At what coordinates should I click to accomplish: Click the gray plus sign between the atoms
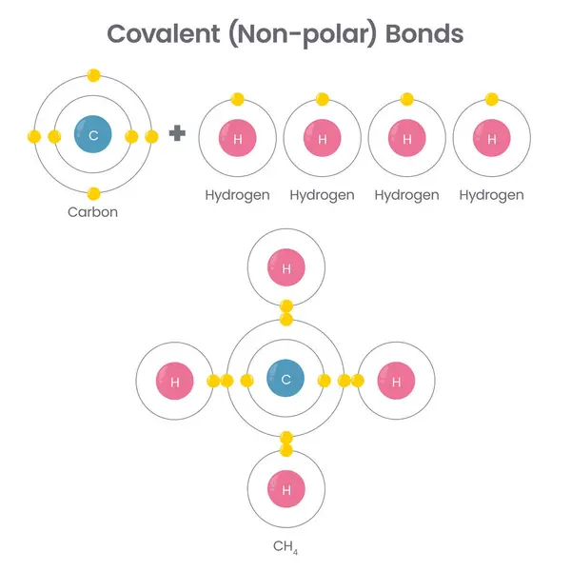tap(177, 133)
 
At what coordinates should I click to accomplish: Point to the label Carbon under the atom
tap(92, 212)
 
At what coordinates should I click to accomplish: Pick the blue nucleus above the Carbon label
tap(93, 136)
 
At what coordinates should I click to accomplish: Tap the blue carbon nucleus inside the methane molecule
tap(285, 380)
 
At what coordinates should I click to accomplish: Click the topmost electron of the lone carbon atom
tap(93, 74)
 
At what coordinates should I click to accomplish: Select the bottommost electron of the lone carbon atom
tap(93, 193)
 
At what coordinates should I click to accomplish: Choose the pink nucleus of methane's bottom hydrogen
tap(286, 490)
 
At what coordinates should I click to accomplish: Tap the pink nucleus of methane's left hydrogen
tap(175, 382)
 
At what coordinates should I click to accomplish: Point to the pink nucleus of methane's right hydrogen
tap(396, 382)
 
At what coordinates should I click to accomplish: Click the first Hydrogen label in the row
tap(238, 195)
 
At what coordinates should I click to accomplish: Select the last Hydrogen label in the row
tap(491, 195)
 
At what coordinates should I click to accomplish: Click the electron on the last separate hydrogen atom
tap(491, 99)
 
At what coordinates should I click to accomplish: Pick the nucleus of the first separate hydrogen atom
tap(238, 139)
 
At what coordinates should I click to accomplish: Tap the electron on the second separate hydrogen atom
tap(323, 99)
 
